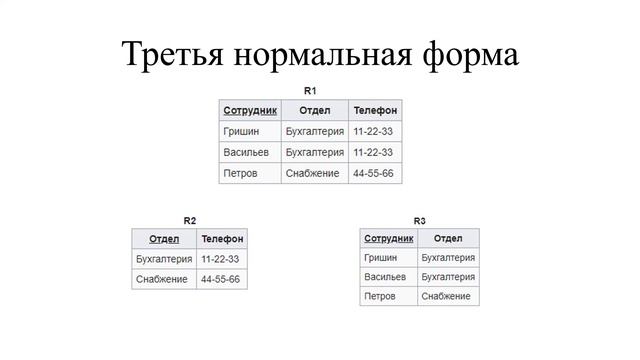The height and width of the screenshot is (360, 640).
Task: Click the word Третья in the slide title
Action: point(171,54)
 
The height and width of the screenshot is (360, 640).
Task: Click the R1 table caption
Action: point(310,91)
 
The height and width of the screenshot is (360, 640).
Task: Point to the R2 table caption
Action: point(189,220)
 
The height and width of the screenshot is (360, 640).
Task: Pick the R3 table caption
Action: point(419,220)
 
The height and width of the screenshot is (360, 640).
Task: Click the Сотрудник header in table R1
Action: point(250,110)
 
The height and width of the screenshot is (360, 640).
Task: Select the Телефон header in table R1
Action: point(375,110)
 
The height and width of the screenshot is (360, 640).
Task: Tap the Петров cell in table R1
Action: point(240,173)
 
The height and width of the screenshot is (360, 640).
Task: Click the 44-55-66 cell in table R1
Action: point(373,173)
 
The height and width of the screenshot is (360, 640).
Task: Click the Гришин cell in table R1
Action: point(241,131)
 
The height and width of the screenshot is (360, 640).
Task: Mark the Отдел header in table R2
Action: point(164,239)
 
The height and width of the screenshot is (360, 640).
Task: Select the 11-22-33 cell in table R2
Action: point(220,259)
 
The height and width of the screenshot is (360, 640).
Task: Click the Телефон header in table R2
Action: point(222,239)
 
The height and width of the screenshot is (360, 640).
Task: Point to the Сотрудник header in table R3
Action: point(389,239)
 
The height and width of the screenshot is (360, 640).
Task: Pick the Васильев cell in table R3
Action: point(385,277)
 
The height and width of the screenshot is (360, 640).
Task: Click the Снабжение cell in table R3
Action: point(446,296)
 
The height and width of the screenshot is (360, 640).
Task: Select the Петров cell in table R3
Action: point(380,296)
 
